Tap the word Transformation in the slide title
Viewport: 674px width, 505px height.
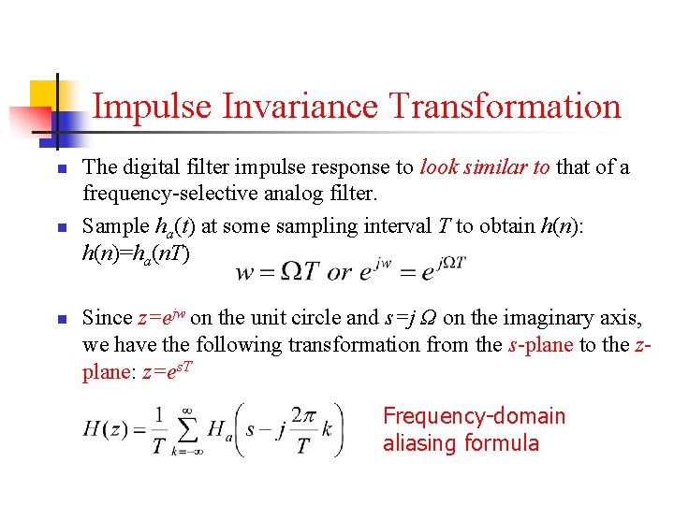505,106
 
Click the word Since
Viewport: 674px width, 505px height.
106,318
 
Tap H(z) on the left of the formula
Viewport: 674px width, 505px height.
105,429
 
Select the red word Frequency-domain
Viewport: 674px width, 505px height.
475,416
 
